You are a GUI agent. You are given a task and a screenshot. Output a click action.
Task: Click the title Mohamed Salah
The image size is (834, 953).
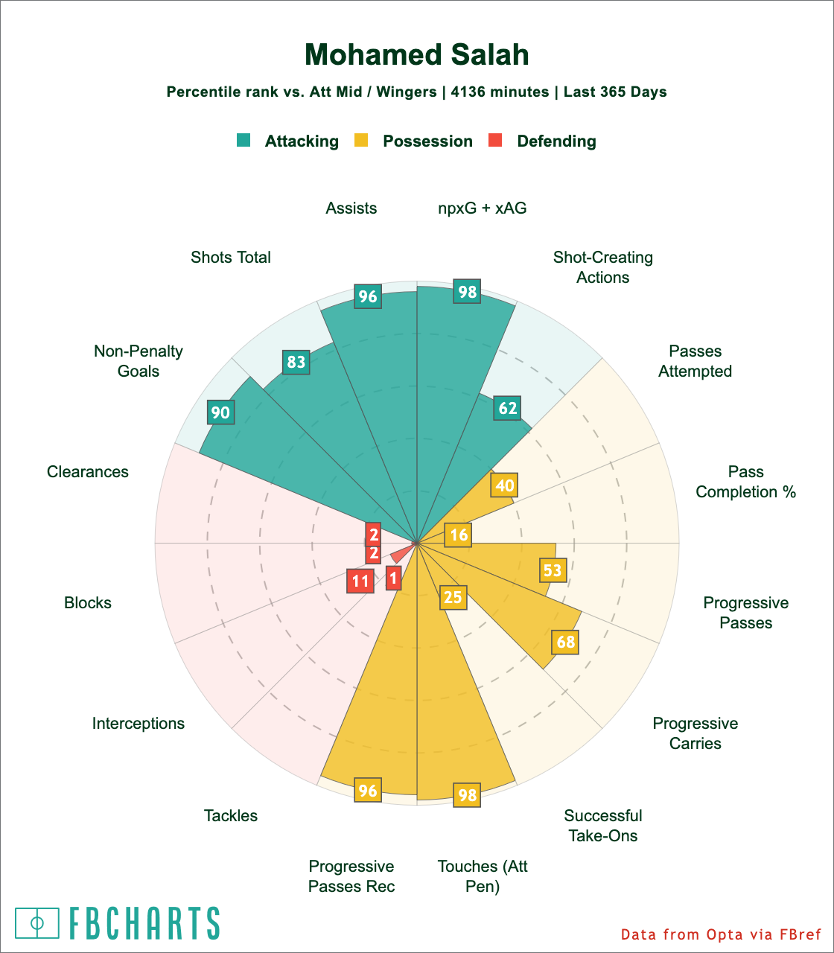tap(417, 55)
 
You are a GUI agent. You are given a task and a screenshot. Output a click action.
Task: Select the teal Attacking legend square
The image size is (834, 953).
tap(243, 140)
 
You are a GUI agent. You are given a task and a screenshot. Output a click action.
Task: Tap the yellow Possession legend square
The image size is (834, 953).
tap(361, 140)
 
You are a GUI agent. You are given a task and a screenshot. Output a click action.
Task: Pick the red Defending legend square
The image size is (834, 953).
tap(495, 140)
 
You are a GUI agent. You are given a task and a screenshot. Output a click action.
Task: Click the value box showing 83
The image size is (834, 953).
tap(296, 363)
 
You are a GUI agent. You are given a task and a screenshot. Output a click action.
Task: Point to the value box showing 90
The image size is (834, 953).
tap(220, 412)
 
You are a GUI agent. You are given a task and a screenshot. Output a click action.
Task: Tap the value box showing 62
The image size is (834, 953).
tap(508, 408)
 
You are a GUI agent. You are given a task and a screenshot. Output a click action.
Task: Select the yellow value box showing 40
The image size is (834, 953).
tap(504, 485)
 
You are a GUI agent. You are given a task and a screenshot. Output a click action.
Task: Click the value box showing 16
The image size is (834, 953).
tap(459, 535)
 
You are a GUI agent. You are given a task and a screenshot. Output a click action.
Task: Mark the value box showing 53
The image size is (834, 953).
tap(553, 570)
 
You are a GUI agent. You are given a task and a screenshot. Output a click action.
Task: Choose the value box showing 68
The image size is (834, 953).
tap(565, 641)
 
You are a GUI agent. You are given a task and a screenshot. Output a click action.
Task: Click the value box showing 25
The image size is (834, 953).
tap(453, 597)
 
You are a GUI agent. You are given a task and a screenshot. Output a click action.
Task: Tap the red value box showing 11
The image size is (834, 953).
tap(360, 581)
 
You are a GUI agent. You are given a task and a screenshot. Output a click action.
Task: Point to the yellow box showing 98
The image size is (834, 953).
tap(467, 795)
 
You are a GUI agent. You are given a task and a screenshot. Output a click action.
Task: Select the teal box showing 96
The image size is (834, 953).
tap(368, 296)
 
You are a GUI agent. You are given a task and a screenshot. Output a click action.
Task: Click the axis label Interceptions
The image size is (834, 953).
tap(139, 723)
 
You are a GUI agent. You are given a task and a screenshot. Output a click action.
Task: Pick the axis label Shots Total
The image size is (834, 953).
tap(231, 258)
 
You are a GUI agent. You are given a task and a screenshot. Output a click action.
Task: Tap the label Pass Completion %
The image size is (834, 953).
tap(746, 482)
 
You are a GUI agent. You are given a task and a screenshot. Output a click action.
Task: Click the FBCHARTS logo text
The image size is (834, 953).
tap(145, 923)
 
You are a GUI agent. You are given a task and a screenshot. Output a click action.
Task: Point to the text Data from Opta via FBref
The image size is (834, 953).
tap(720, 934)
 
